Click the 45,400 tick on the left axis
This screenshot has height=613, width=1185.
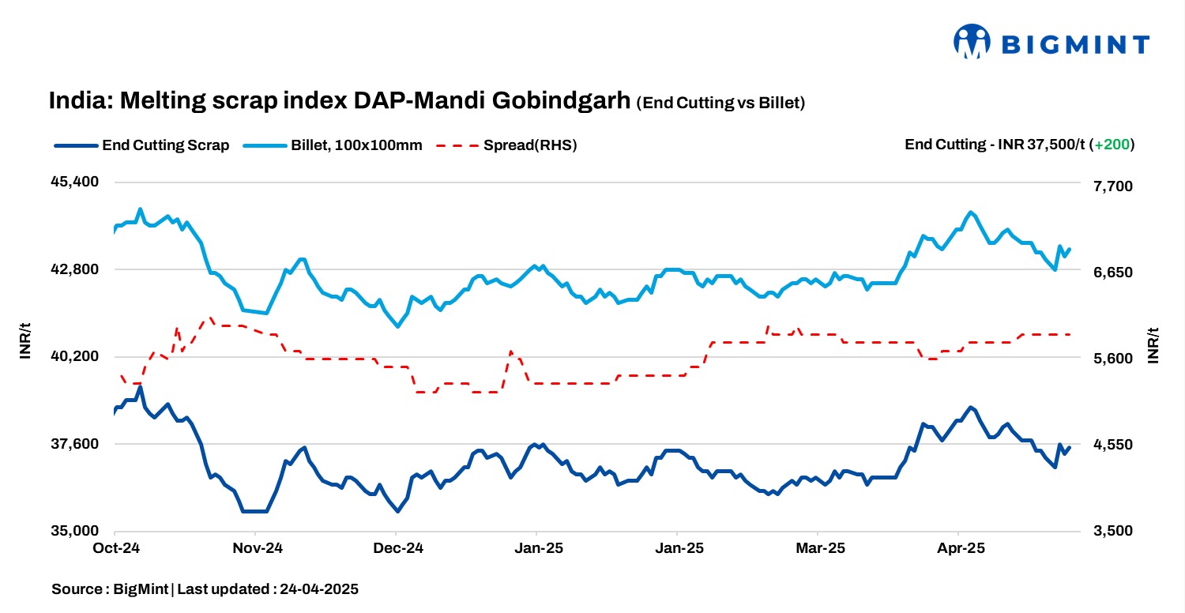pos(73,182)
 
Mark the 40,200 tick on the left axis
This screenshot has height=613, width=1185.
pos(73,356)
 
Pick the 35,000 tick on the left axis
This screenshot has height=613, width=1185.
pos(73,531)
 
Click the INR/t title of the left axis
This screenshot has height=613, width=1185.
pos(25,340)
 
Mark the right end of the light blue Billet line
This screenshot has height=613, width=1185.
pos(1069,250)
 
